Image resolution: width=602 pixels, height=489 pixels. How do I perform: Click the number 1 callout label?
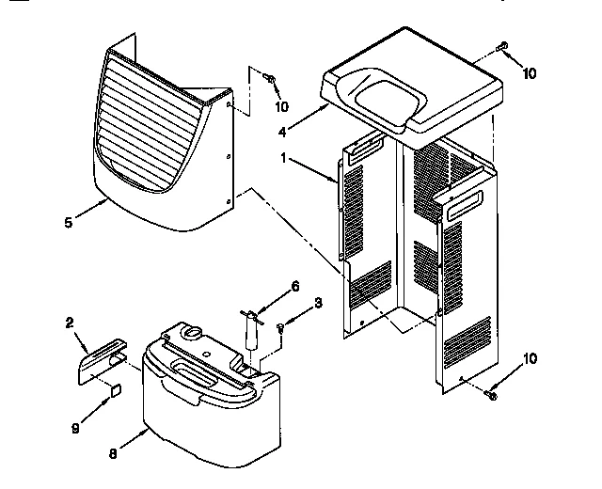tap(284, 159)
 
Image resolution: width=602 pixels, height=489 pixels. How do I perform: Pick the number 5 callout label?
tap(67, 222)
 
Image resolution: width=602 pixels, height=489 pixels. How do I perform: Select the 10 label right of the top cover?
tap(529, 73)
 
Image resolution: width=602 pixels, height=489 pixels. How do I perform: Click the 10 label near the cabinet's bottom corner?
tap(529, 358)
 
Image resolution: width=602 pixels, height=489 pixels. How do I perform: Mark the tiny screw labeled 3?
tap(281, 326)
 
